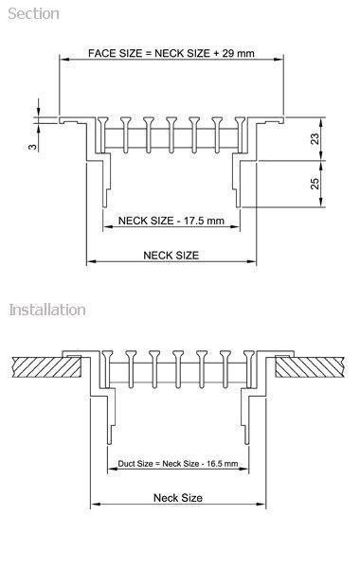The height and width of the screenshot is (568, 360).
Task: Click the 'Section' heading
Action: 34,13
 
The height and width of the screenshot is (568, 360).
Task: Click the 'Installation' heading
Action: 47,310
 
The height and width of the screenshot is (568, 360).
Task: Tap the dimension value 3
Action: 31,148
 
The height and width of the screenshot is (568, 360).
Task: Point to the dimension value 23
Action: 315,138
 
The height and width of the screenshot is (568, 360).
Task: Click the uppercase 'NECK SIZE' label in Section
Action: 171,255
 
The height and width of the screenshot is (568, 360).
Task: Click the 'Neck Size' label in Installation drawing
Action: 177,497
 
